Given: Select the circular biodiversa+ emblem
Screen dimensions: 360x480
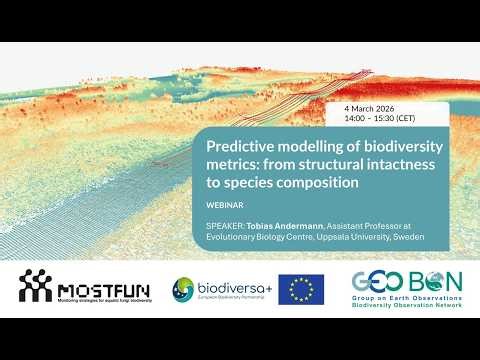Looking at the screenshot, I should (x=184, y=290).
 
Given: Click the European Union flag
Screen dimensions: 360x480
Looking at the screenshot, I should (x=300, y=290).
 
